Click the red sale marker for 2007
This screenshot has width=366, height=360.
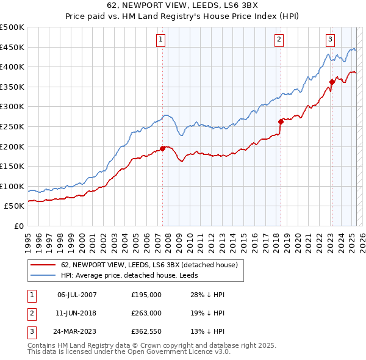[x=163, y=148]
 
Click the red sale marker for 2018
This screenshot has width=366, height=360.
[x=281, y=121]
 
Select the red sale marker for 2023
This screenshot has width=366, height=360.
[x=332, y=82]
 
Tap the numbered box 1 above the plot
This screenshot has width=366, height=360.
[x=160, y=40]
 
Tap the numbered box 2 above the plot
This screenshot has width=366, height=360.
[x=279, y=40]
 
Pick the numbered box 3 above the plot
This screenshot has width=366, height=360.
[x=330, y=40]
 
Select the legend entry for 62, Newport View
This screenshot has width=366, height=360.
[x=152, y=265]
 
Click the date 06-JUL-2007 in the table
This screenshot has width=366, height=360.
[x=77, y=295]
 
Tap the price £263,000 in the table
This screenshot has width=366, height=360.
[x=146, y=313]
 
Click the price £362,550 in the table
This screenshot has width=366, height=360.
[x=146, y=331]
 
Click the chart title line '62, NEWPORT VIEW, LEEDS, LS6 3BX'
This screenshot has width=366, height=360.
[x=183, y=7]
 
